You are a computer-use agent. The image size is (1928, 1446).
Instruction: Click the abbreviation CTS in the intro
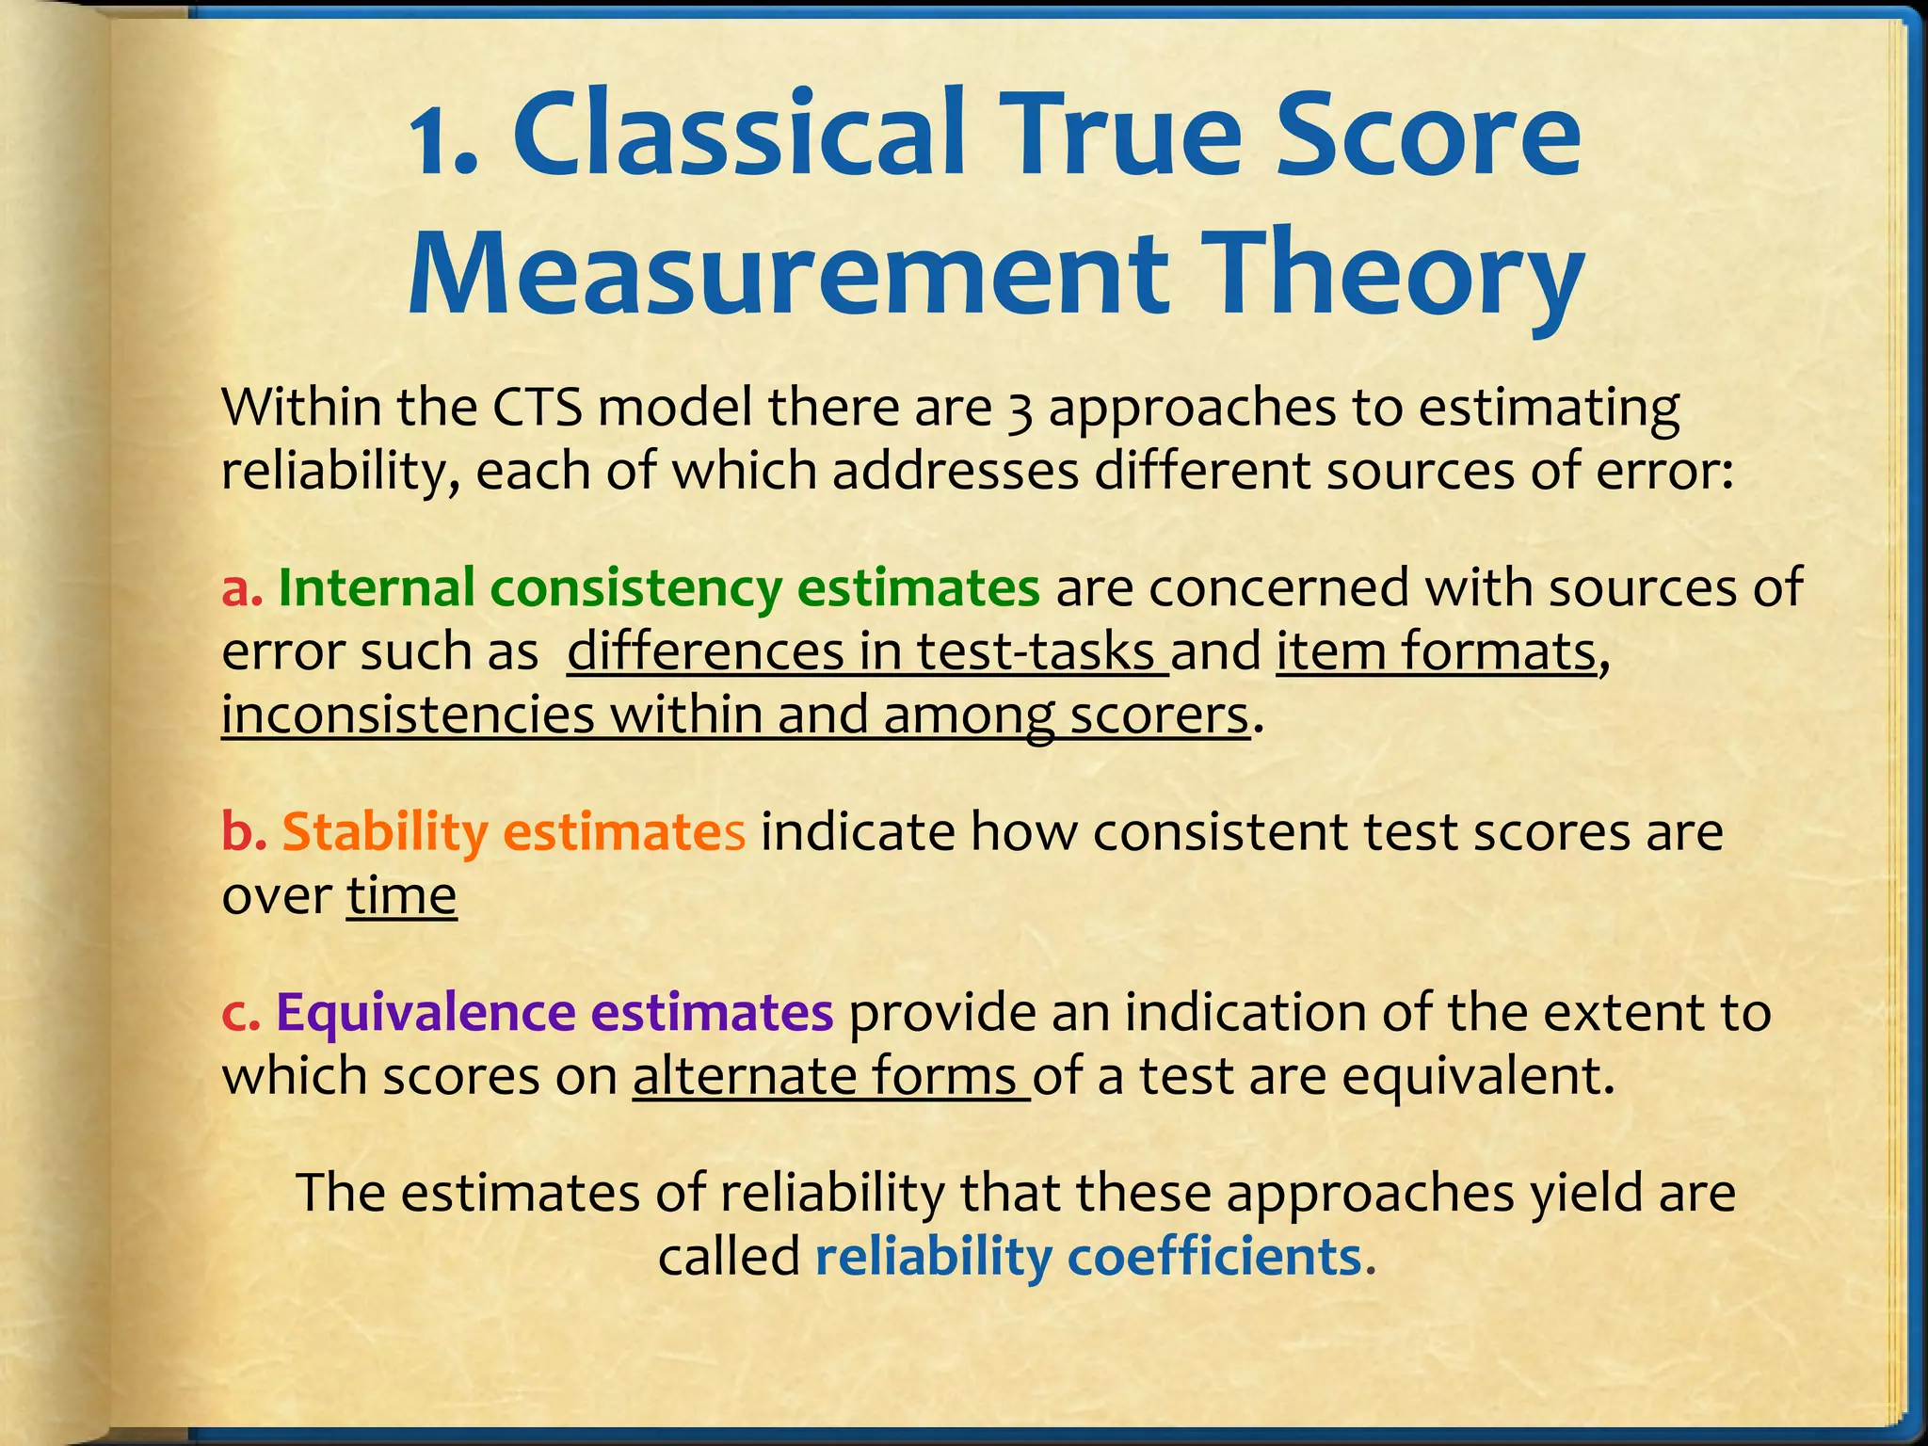[537, 408]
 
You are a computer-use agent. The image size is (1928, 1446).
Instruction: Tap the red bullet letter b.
[244, 832]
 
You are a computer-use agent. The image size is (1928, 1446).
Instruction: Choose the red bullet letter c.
[240, 1013]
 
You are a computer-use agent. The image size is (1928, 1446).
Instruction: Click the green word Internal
[377, 587]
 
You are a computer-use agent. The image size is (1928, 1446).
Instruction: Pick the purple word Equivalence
[426, 1013]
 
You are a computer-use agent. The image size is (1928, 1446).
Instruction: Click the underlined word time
[402, 895]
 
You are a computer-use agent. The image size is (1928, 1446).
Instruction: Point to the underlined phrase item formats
[1436, 651]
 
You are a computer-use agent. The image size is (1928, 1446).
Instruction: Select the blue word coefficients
[1215, 1256]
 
